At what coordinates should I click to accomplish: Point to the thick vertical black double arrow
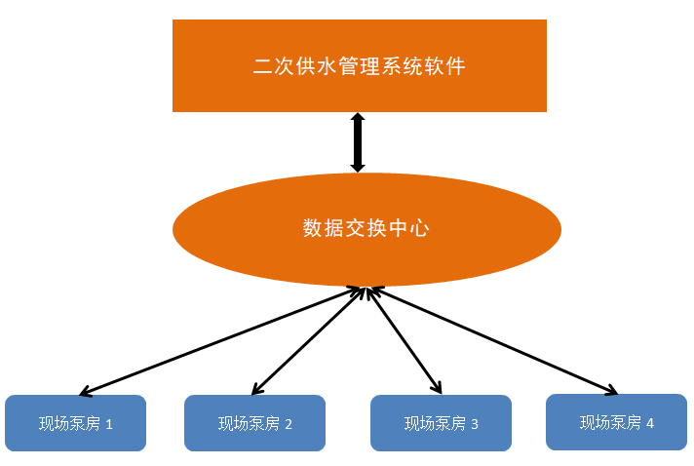coord(358,143)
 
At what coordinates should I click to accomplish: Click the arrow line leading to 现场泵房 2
coord(307,341)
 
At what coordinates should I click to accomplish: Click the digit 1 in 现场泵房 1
coord(109,424)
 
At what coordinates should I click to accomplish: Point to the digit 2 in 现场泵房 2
coord(289,424)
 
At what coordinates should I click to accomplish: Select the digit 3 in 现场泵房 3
coord(475,424)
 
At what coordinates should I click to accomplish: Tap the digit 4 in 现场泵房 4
coord(650,422)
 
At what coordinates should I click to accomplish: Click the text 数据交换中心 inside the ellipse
coord(366,229)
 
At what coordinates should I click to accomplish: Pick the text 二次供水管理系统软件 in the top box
coord(359,66)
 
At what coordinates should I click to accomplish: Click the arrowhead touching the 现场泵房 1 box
coord(85,393)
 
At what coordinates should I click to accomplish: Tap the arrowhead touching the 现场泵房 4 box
coord(610,391)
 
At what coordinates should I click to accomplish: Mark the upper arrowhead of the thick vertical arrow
coord(358,119)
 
